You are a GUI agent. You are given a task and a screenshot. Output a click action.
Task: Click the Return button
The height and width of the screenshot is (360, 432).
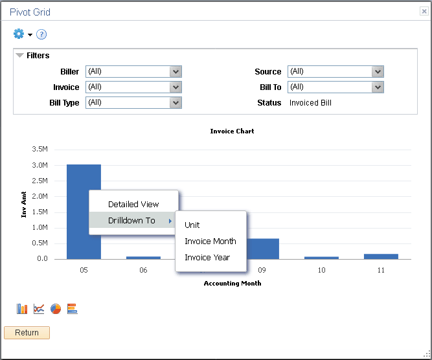pyautogui.click(x=27, y=333)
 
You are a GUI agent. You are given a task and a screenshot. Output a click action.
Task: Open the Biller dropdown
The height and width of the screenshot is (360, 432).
pyautogui.click(x=133, y=71)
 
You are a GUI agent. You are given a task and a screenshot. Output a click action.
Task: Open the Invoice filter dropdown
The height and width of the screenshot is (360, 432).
pyautogui.click(x=133, y=87)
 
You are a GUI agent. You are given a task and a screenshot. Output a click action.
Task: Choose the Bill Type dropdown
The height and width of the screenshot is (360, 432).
pyautogui.click(x=133, y=102)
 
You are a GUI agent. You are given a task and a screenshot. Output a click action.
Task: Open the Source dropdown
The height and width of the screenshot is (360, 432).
pyautogui.click(x=335, y=71)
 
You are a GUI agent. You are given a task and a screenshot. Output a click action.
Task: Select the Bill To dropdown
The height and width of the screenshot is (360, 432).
pyautogui.click(x=335, y=87)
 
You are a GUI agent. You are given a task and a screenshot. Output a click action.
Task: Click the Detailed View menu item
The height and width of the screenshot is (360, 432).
pyautogui.click(x=133, y=204)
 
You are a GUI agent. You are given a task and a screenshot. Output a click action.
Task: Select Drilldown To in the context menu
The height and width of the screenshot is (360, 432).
pyautogui.click(x=132, y=220)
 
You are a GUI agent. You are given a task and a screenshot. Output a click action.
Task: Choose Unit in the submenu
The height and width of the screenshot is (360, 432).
pyautogui.click(x=192, y=225)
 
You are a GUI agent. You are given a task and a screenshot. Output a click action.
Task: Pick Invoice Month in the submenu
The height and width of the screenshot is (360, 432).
pyautogui.click(x=210, y=241)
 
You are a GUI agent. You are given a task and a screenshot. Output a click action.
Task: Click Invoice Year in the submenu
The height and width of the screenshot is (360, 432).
pyautogui.click(x=207, y=257)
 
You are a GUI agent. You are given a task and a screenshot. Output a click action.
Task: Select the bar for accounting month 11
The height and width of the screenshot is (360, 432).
pyautogui.click(x=381, y=256)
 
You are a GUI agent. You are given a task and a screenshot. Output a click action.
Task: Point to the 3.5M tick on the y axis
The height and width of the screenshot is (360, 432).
pyautogui.click(x=40, y=150)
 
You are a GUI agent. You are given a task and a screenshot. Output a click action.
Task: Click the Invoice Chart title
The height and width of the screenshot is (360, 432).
pyautogui.click(x=232, y=131)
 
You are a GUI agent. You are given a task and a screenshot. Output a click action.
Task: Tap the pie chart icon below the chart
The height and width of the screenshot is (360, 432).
pyautogui.click(x=56, y=309)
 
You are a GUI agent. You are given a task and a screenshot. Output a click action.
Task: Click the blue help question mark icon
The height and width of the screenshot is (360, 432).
pyautogui.click(x=41, y=34)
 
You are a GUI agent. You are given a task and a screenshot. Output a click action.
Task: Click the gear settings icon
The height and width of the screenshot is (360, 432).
pyautogui.click(x=19, y=34)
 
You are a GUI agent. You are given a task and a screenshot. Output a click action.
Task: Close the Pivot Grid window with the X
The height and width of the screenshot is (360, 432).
pyautogui.click(x=424, y=12)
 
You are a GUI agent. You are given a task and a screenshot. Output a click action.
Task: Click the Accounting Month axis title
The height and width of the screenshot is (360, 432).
pyautogui.click(x=233, y=283)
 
